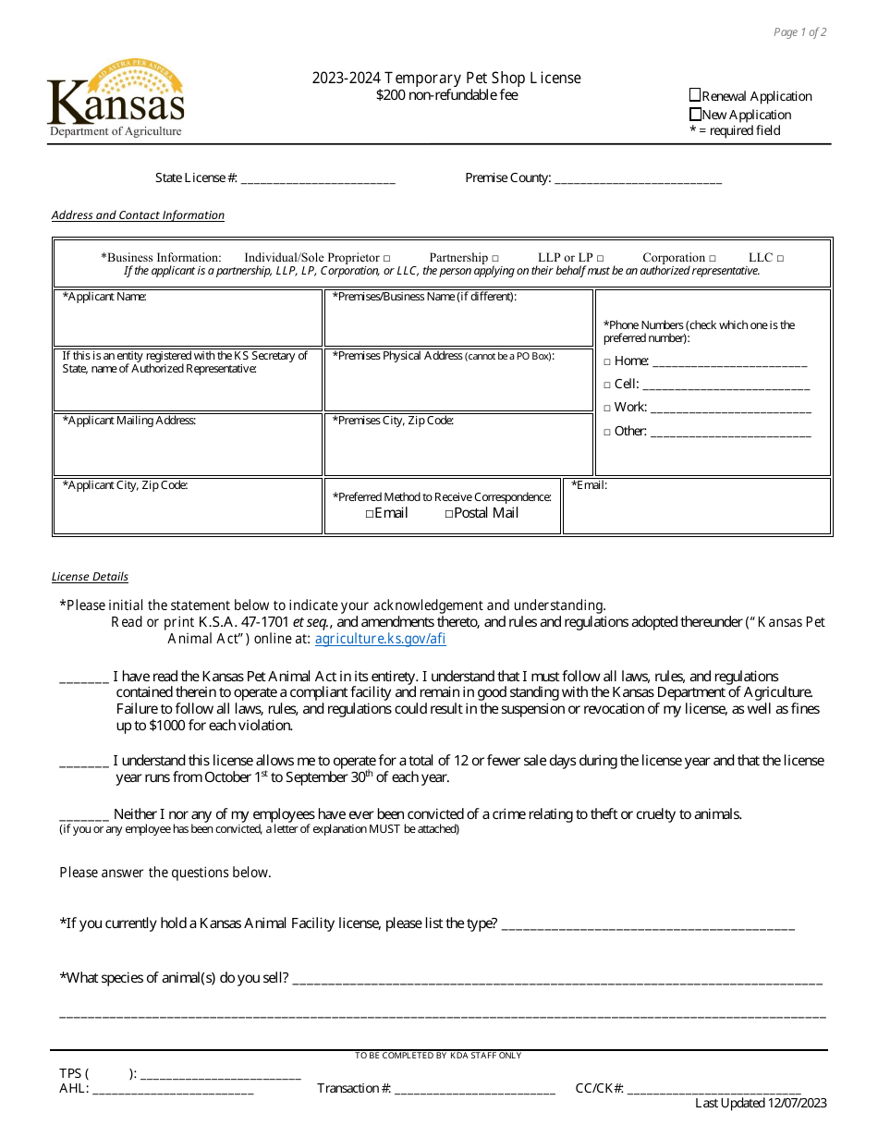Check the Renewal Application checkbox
pos(695,95)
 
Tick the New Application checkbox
pos(695,115)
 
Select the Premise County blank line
pos(637,179)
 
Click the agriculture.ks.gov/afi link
pos(380,639)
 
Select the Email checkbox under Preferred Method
pos(370,514)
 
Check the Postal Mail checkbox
pos(449,514)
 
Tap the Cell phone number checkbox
pos(607,385)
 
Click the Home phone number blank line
pos(729,362)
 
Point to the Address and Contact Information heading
pos(138,215)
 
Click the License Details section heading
pos(90,577)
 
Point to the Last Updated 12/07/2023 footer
pos(761,1103)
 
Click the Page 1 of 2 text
pos(799,32)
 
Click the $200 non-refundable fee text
pos(446,94)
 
